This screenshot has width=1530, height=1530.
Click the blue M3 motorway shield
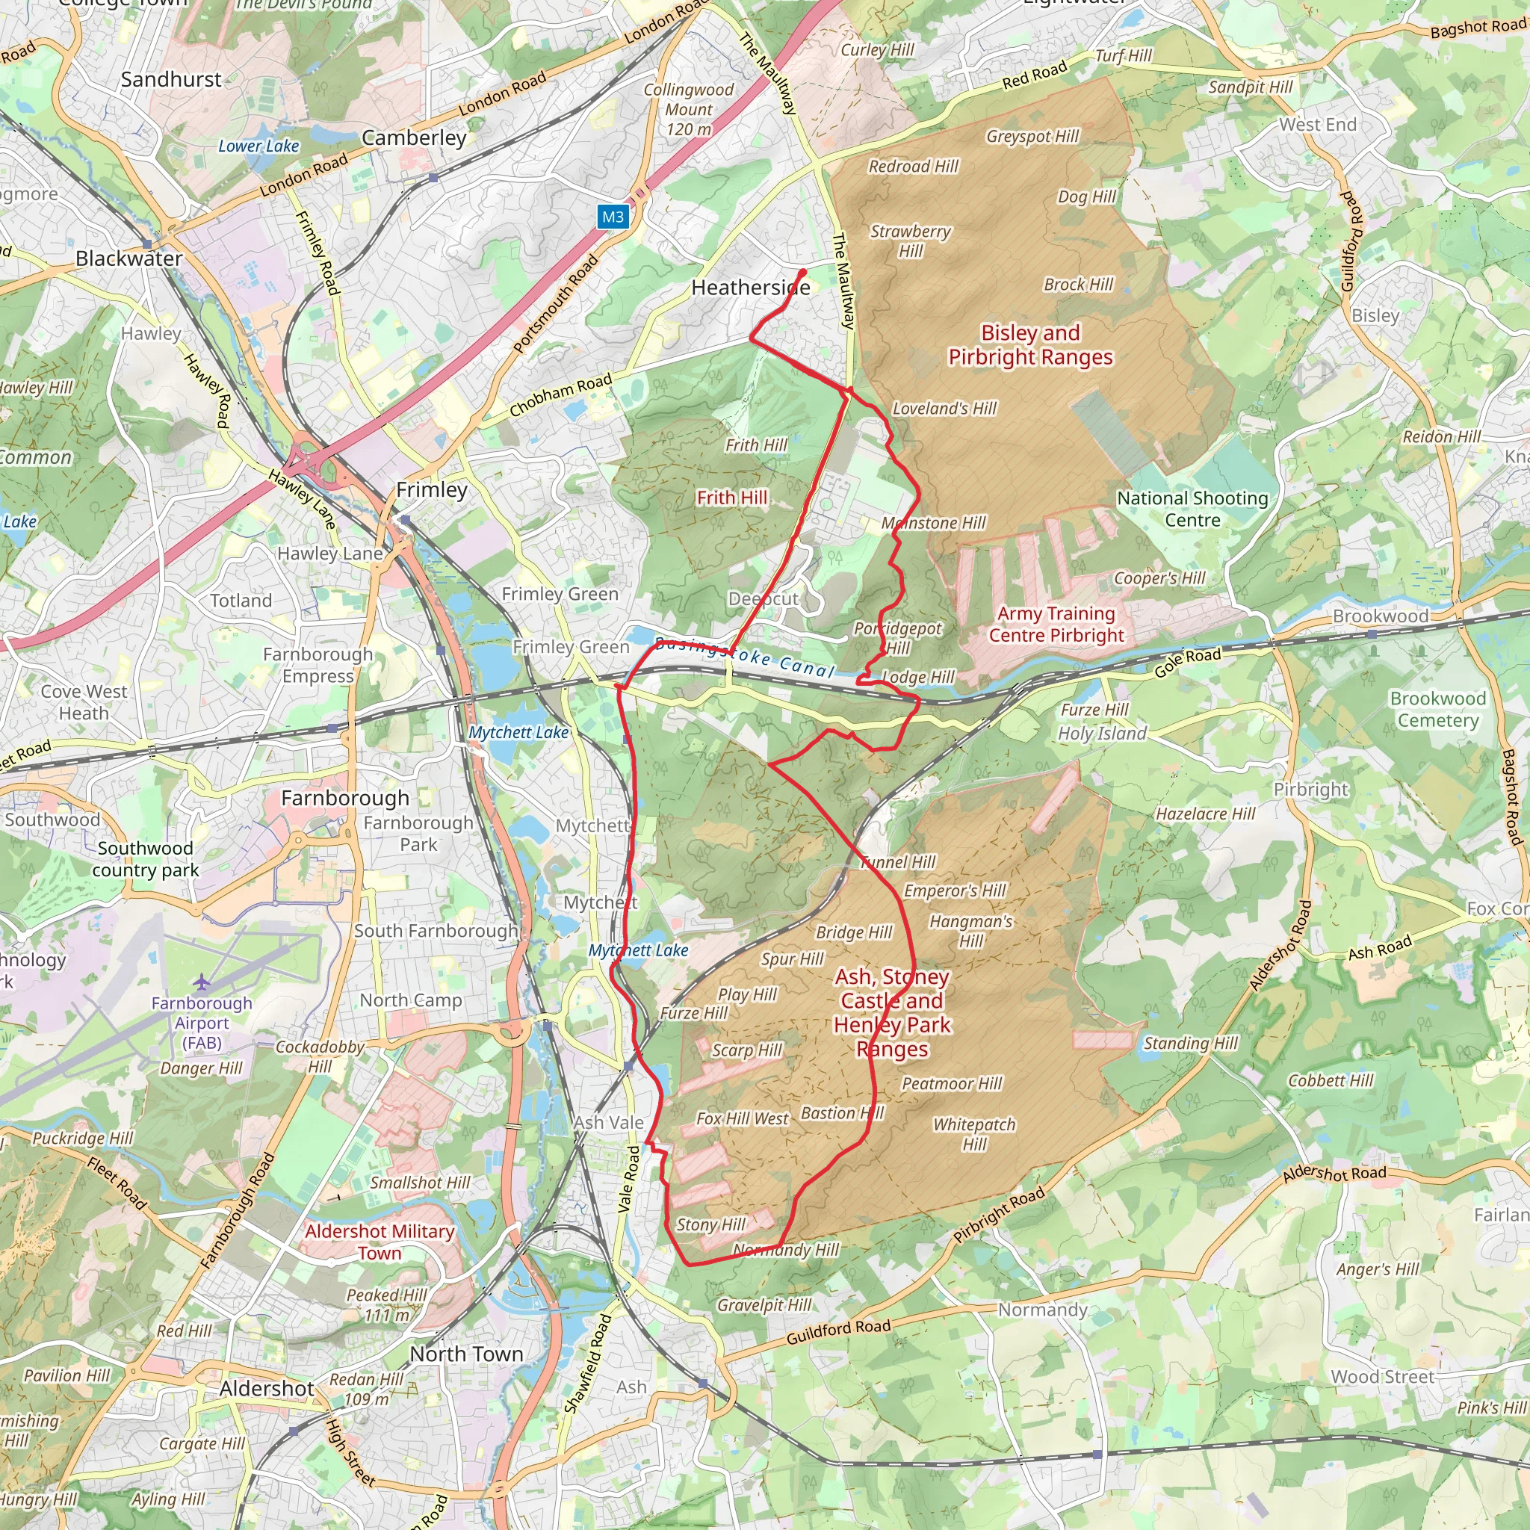pyautogui.click(x=613, y=217)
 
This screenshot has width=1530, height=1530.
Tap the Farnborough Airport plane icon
pyautogui.click(x=202, y=982)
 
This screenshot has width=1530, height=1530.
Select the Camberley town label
pyautogui.click(x=413, y=137)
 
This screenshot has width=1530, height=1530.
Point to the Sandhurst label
pyautogui.click(x=171, y=79)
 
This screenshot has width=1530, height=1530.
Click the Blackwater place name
pyautogui.click(x=128, y=258)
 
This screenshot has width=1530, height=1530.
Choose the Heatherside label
pyautogui.click(x=750, y=288)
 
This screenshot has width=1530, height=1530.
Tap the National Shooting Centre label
pyautogui.click(x=1192, y=509)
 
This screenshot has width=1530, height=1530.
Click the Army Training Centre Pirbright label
pyautogui.click(x=1056, y=624)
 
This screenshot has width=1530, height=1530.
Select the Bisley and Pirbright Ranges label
pyautogui.click(x=1030, y=344)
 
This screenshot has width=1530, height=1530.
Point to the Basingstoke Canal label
pyautogui.click(x=745, y=657)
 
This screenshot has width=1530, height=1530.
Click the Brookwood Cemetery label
pyautogui.click(x=1437, y=709)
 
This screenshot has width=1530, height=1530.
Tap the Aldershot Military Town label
pyautogui.click(x=380, y=1242)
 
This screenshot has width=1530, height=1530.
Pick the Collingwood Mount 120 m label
pyautogui.click(x=688, y=109)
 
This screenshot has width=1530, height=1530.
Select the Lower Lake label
pyautogui.click(x=258, y=146)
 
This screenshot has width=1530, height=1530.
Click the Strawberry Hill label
pyautogui.click(x=910, y=241)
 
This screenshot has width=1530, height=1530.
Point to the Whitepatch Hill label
pyautogui.click(x=974, y=1134)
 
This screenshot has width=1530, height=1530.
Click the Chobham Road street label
pyautogui.click(x=561, y=394)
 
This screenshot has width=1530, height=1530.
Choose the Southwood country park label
pyautogui.click(x=145, y=858)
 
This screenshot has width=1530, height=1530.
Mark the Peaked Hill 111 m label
pyautogui.click(x=386, y=1304)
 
